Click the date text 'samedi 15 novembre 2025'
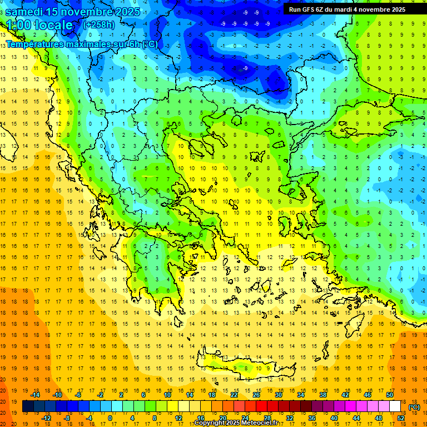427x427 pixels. [x=73, y=12]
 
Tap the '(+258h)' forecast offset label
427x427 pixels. [x=100, y=25]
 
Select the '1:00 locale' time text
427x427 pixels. [x=39, y=25]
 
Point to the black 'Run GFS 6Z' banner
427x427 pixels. [x=347, y=9]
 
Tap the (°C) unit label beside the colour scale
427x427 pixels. [x=414, y=407]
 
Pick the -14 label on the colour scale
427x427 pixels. [x=36, y=395]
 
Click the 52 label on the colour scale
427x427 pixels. [x=401, y=418]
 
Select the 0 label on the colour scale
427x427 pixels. [x=110, y=418]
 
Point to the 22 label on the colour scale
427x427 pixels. [x=234, y=395]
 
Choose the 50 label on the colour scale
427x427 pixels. [x=390, y=395]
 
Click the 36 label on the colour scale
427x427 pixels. [x=312, y=418]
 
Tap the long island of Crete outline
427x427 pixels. [x=245, y=368]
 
